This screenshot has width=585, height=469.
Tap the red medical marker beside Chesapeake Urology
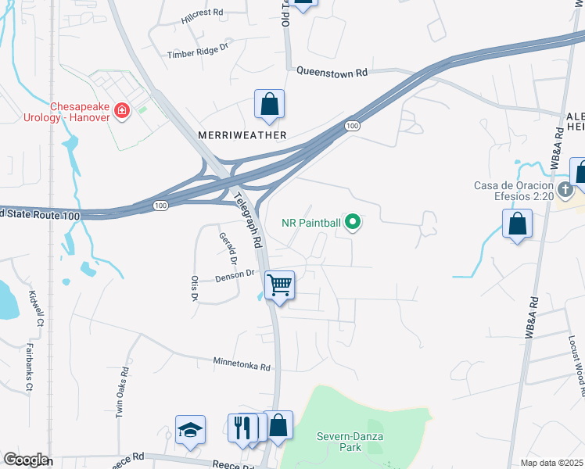121,111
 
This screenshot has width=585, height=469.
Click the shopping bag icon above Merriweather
269,104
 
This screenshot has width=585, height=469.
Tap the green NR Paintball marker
353,223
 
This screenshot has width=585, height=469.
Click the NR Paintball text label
311,223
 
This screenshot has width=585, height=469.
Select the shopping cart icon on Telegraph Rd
279,284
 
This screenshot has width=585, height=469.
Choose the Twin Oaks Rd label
122,392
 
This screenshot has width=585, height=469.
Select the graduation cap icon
190,430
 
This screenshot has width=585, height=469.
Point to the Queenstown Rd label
332,72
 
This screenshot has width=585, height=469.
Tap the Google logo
25,460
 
